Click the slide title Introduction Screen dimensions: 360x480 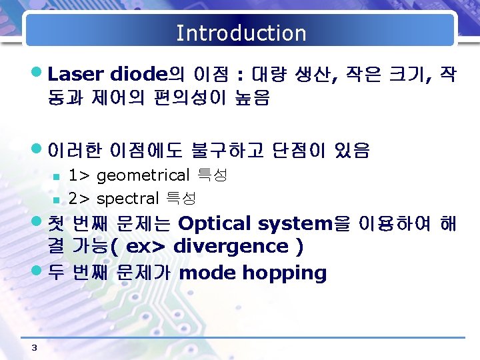[x=241, y=33]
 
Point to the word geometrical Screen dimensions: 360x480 [x=143, y=176]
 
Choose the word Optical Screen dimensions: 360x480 [x=215, y=223]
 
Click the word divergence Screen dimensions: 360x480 [x=230, y=247]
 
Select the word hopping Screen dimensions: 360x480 [x=285, y=273]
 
